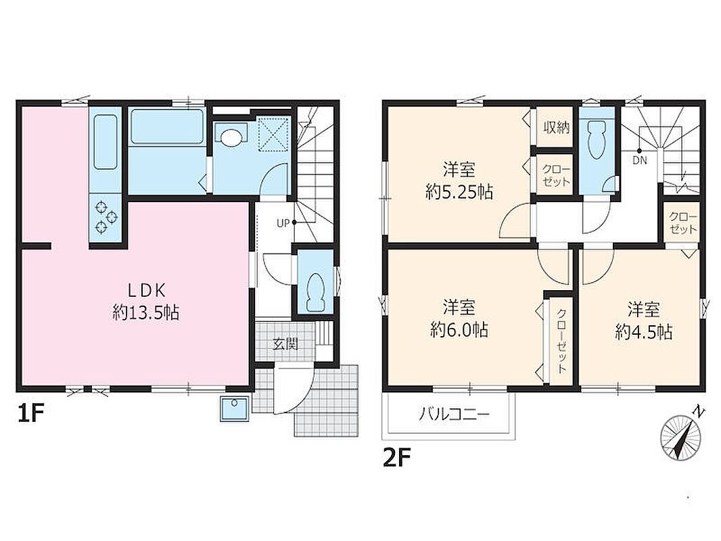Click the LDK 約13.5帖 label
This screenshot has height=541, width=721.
pos(146,302)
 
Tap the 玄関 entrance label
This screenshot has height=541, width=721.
pos(285,344)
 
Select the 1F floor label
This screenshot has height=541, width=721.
pos(30,415)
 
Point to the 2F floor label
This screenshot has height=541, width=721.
pos(396,458)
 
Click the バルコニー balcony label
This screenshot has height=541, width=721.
pos(455,415)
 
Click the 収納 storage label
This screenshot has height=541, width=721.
pos(557,127)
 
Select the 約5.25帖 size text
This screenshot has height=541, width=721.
pos(459,191)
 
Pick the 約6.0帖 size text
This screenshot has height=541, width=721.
pos(459,329)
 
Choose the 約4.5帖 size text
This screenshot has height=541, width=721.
pos(644,331)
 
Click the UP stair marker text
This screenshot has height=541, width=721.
pos(283,223)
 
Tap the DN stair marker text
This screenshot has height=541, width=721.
pos(640,160)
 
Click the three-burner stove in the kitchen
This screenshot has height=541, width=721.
pos(106,217)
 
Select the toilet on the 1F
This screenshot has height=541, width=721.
pos(315,292)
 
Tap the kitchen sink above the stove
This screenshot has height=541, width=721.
pos(106,142)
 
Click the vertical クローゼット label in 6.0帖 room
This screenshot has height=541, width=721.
pos(561,341)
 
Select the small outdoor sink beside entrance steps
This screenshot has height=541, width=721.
pos(235,408)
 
